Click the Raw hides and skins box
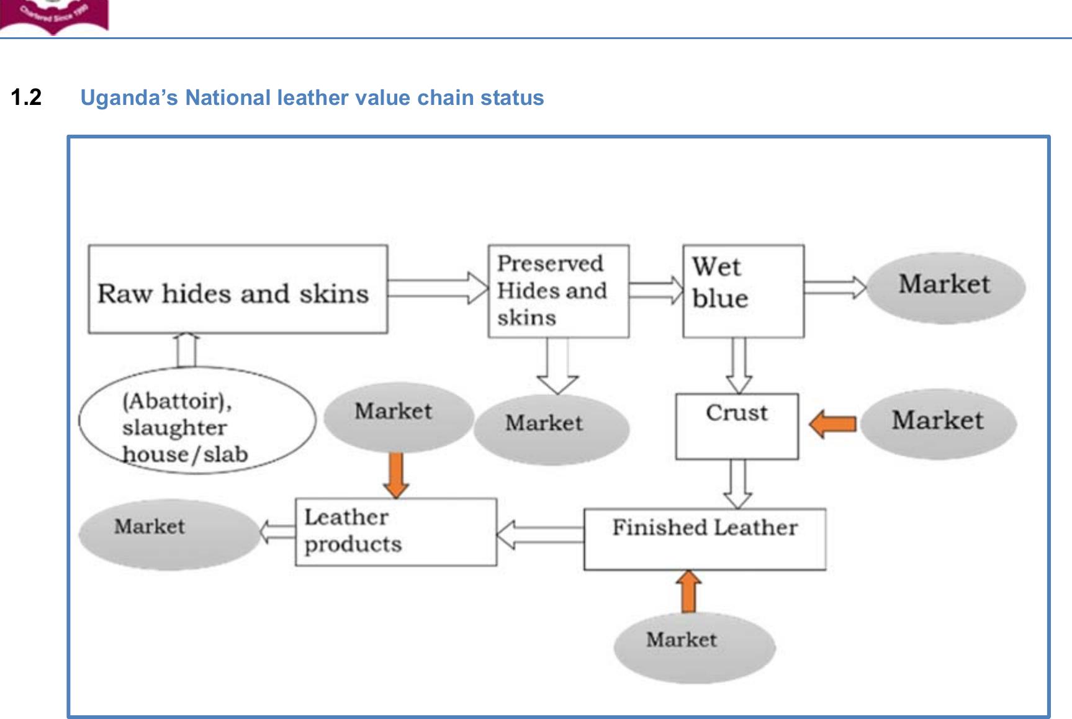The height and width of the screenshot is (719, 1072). [238, 289]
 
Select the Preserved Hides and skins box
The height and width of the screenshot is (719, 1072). [558, 291]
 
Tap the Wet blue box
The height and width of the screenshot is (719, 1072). [743, 291]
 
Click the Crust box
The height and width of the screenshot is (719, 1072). [737, 426]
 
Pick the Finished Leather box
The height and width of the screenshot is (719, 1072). [705, 538]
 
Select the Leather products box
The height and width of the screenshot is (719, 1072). [395, 531]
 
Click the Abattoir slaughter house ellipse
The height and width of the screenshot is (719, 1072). [196, 421]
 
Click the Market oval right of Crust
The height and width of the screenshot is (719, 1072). [937, 423]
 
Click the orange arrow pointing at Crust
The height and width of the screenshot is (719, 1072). [833, 423]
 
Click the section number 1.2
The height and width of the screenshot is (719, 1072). [26, 97]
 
